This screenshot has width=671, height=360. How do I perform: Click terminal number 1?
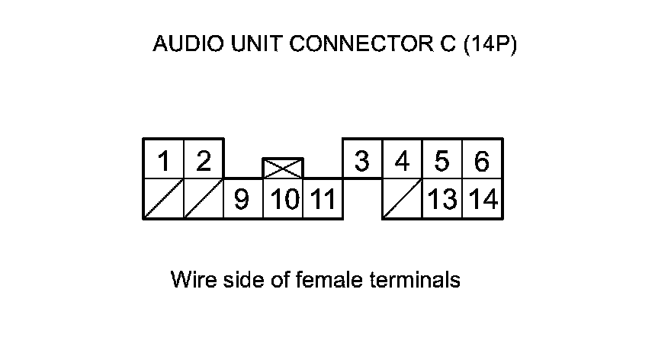pyautogui.click(x=163, y=161)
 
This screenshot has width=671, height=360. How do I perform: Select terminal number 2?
pyautogui.click(x=203, y=161)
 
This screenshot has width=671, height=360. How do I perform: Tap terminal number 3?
pyautogui.click(x=362, y=161)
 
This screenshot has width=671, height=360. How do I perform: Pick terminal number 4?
pyautogui.click(x=403, y=161)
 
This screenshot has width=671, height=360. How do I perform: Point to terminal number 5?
pyautogui.click(x=442, y=161)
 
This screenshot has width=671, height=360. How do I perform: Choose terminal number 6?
pyautogui.click(x=482, y=161)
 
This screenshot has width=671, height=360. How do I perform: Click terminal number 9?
pyautogui.click(x=242, y=200)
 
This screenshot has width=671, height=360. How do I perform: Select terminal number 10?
pyautogui.click(x=284, y=200)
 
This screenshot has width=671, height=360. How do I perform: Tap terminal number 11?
pyautogui.click(x=323, y=200)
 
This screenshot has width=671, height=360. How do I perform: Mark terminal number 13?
pyautogui.click(x=442, y=200)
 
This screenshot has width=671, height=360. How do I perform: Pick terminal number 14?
pyautogui.click(x=483, y=200)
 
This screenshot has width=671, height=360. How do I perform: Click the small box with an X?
pyautogui.click(x=283, y=169)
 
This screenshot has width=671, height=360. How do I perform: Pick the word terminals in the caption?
pyautogui.click(x=415, y=280)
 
